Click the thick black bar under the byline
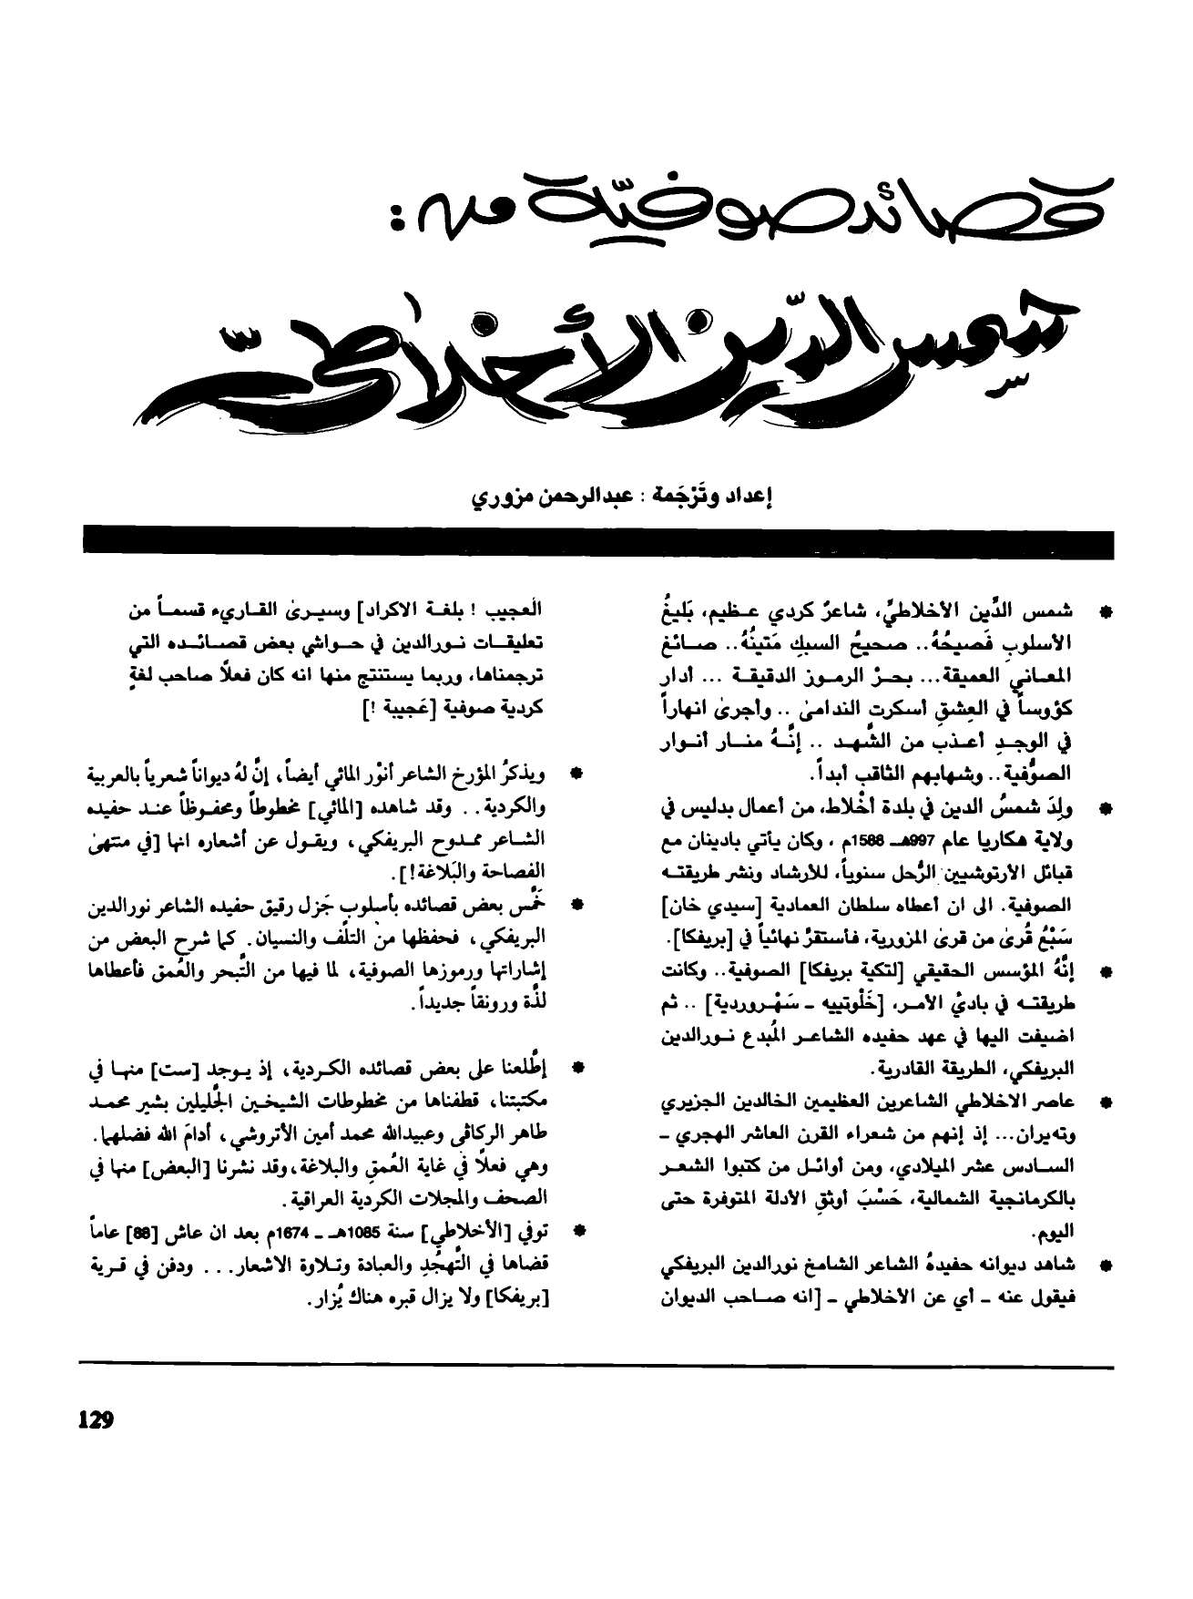click(x=596, y=540)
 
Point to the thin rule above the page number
click(x=596, y=1364)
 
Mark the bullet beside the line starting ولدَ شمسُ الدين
click(x=1106, y=807)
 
